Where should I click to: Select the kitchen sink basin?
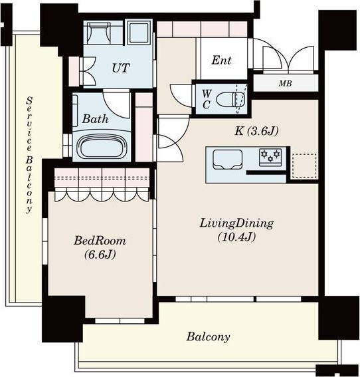[227, 160]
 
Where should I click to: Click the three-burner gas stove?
[270, 157]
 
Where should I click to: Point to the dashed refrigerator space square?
[304, 166]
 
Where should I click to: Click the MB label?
[286, 83]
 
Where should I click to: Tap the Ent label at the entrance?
[221, 60]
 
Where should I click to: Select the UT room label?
[121, 68]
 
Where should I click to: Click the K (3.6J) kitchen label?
[256, 131]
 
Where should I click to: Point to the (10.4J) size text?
[236, 237]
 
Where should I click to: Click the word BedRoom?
[100, 241]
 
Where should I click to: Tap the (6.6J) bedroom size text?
[100, 255]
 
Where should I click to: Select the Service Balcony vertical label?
[29, 155]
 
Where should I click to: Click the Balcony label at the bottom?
[208, 337]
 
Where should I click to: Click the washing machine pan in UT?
[139, 33]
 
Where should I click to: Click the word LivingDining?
[236, 223]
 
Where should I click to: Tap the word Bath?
[95, 119]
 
